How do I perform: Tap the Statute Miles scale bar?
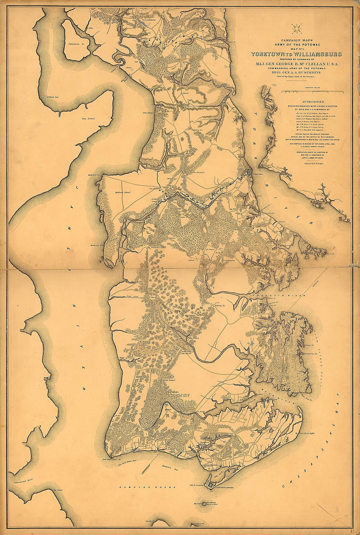click(312, 91)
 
